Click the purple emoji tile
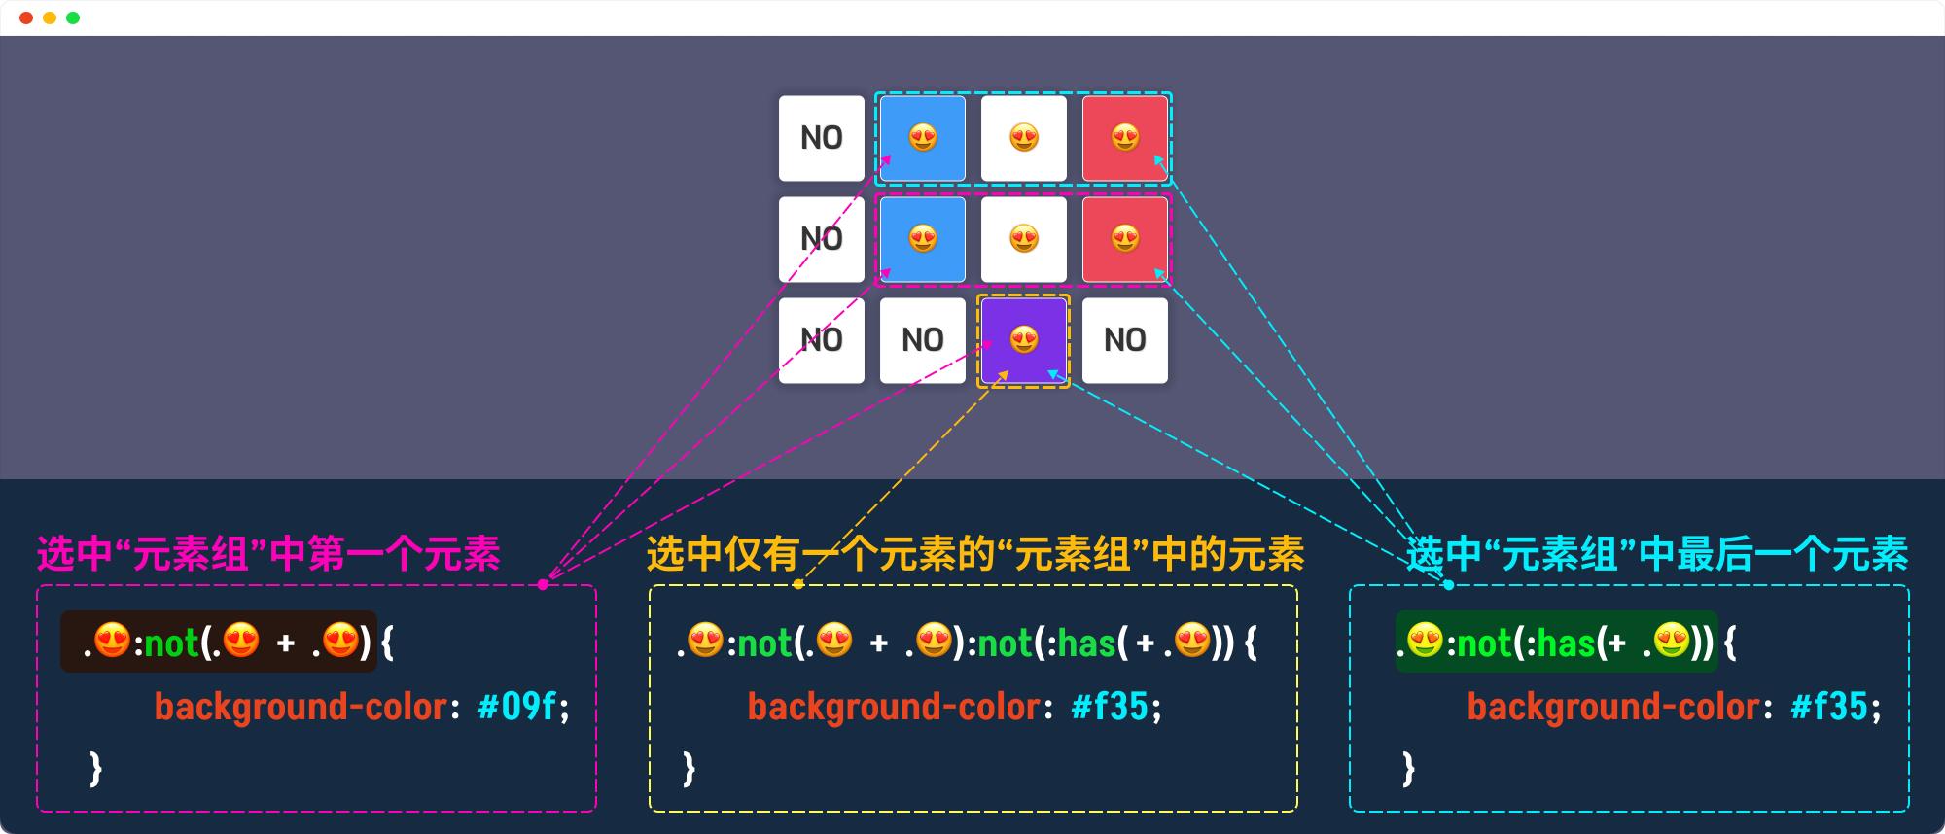click(x=1023, y=340)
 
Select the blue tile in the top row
click(x=923, y=138)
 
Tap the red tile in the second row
click(x=1125, y=239)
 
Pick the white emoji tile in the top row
click(x=1024, y=138)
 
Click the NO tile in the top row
click(x=822, y=138)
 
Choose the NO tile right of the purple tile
click(x=1125, y=340)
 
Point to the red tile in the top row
click(x=1125, y=138)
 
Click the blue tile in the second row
click(x=923, y=239)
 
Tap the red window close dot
click(x=26, y=17)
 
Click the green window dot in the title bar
click(x=73, y=17)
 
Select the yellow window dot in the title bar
click(x=50, y=17)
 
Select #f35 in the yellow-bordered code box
click(x=1110, y=707)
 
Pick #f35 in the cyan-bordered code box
click(x=1829, y=707)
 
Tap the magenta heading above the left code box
click(x=268, y=554)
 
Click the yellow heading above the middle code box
click(x=974, y=554)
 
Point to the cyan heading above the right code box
click(x=1657, y=554)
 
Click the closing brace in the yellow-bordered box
click(x=689, y=768)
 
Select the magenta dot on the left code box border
click(x=543, y=584)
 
